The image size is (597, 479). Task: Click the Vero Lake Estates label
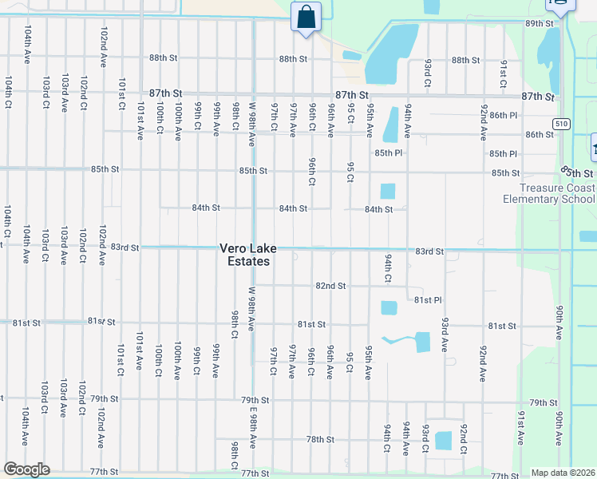(x=245, y=255)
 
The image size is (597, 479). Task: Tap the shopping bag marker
(x=306, y=18)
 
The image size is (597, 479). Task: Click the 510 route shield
(x=563, y=123)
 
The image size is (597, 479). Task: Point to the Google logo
(x=26, y=469)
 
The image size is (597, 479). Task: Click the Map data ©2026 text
(x=562, y=473)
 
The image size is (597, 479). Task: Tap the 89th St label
(x=540, y=24)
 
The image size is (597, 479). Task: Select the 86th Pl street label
(x=504, y=116)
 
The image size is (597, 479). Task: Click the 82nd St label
(x=330, y=286)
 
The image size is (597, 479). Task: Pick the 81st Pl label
(x=428, y=300)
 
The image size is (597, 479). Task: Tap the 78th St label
(x=319, y=440)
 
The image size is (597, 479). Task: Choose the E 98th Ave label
(x=253, y=426)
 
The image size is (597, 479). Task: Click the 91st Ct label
(x=504, y=73)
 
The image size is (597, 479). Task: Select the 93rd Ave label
(x=445, y=336)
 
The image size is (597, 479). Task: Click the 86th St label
(x=540, y=135)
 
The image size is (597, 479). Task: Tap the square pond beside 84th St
(x=388, y=191)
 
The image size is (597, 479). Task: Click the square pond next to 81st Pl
(x=389, y=308)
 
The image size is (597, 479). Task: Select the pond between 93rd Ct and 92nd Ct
(x=444, y=440)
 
